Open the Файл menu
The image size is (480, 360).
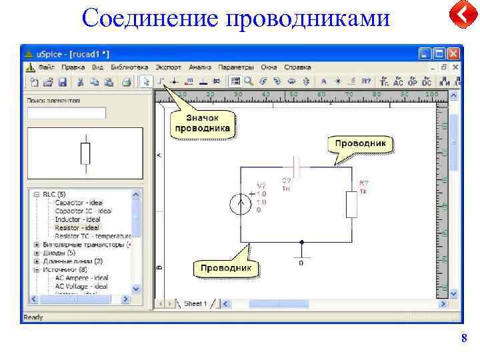[x=47, y=67]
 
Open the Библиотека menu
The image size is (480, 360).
[x=129, y=67]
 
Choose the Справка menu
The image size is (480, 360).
[x=297, y=67]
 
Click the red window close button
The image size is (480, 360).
[x=454, y=53]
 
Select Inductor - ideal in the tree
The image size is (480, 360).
[x=77, y=219]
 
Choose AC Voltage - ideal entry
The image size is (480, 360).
[x=81, y=286]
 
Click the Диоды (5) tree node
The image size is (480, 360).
[x=59, y=253]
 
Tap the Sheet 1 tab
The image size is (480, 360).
[x=195, y=303]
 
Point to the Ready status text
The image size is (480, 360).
[x=33, y=317]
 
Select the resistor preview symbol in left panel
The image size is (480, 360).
[x=85, y=153]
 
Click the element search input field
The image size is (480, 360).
[x=66, y=113]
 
